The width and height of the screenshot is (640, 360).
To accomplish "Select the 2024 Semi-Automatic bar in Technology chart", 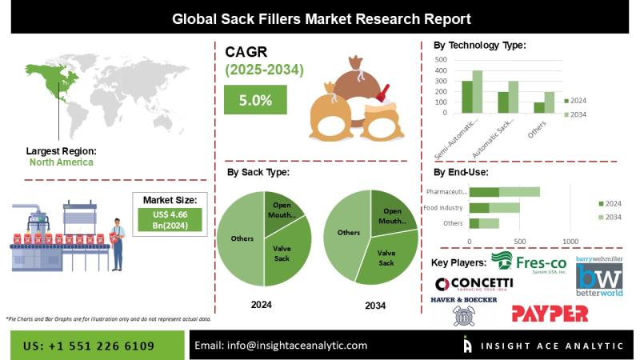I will click(x=467, y=97).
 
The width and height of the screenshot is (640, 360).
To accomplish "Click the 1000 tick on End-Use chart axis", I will click(x=570, y=241).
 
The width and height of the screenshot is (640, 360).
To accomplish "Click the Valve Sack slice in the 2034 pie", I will click(x=386, y=257).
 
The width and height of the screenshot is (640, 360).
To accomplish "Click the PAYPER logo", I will click(x=550, y=313).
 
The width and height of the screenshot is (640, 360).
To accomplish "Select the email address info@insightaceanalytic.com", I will click(x=281, y=346).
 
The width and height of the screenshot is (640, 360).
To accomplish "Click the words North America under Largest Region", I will click(x=61, y=162).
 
